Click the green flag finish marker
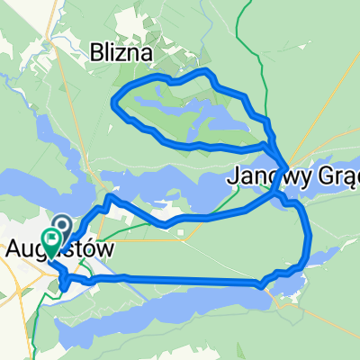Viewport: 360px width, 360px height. (52, 239)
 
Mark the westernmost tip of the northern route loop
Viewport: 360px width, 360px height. (112, 101)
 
